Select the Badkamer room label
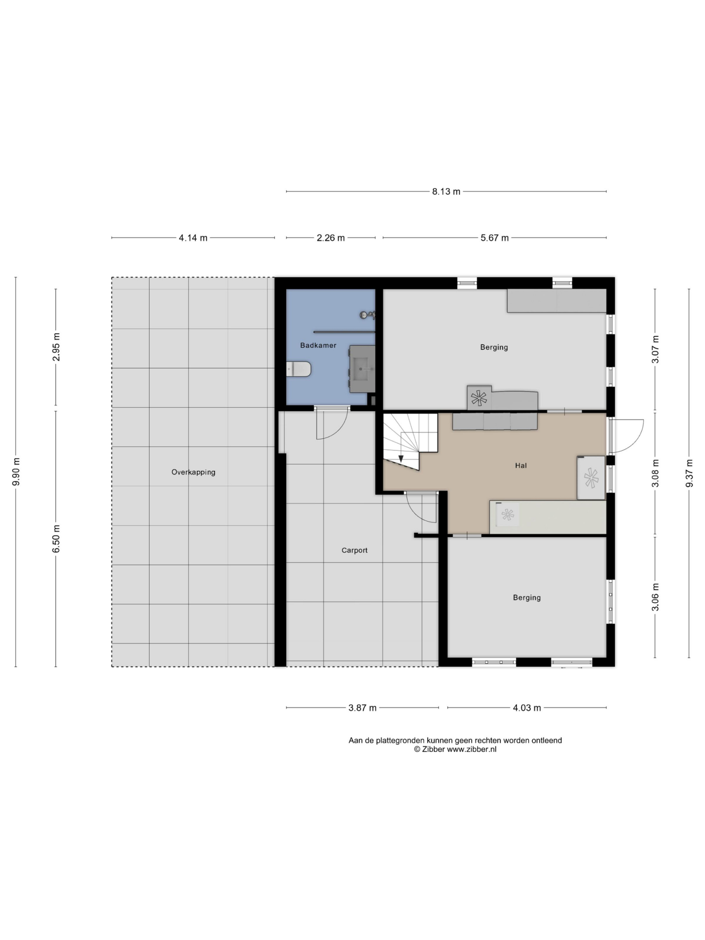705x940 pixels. (318, 346)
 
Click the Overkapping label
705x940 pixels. (194, 472)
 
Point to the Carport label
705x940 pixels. (354, 550)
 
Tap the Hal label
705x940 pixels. (521, 465)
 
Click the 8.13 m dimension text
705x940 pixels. (446, 192)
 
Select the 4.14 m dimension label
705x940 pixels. (193, 238)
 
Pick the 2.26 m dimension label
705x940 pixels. (330, 238)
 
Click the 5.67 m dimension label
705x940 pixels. (494, 238)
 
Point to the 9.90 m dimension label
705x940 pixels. (16, 472)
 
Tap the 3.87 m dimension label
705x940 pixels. (362, 708)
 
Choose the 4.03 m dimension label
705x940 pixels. (527, 708)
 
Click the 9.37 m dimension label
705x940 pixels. (689, 473)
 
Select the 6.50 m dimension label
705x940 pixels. (56, 538)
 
